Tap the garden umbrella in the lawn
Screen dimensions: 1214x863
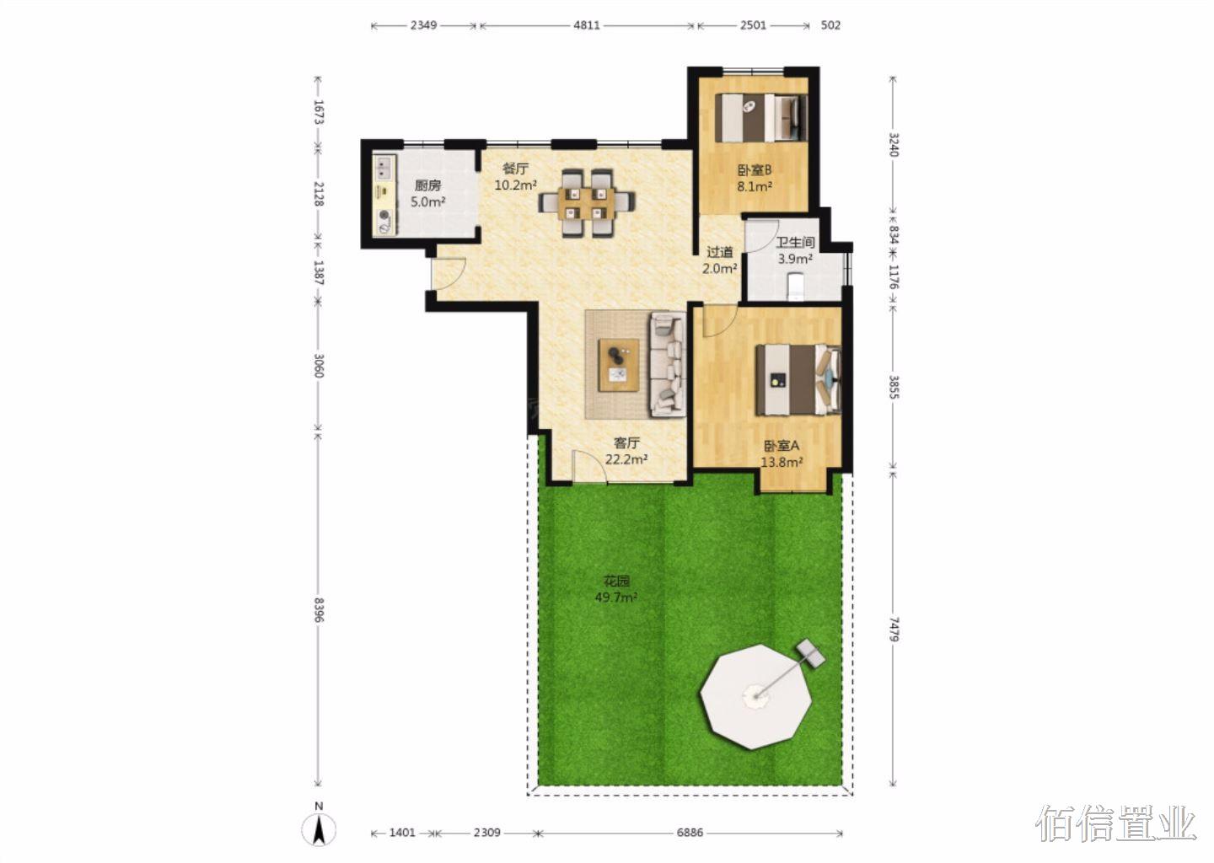tap(756, 697)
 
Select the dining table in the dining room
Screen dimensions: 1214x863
tap(587, 203)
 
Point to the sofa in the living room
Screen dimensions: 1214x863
tap(668, 364)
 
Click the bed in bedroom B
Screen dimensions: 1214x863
tap(761, 117)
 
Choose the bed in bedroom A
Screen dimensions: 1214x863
tap(798, 380)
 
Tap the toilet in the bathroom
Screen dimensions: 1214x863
tap(796, 286)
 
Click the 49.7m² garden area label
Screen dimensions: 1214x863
tap(615, 598)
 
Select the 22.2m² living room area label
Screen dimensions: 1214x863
tap(626, 459)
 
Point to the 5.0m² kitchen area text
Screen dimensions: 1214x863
tap(427, 202)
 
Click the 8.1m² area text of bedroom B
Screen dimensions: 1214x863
tap(754, 187)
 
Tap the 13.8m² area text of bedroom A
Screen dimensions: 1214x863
tap(782, 462)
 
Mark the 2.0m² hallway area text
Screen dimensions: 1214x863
tap(719, 268)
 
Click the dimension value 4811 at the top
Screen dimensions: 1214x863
tap(587, 25)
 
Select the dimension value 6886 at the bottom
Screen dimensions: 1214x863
tap(690, 832)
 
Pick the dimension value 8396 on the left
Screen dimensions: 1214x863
tap(320, 609)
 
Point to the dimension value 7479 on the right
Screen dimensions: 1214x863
tap(894, 629)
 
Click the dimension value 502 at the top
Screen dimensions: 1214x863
tap(831, 25)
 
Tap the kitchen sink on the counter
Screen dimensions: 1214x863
tap(384, 168)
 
